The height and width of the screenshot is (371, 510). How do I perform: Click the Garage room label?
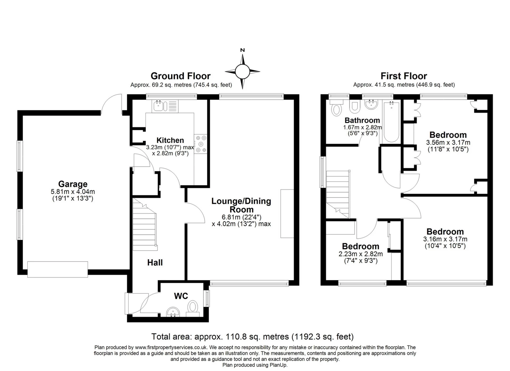pos(73,184)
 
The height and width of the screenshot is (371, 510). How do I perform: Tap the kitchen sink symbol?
pos(159,106)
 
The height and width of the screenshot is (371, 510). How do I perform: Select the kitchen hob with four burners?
pos(201,144)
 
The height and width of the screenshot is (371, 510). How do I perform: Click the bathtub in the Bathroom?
pos(392,122)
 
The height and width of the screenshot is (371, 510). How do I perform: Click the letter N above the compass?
pos(242,50)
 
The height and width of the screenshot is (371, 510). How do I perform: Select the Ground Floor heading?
pos(181,76)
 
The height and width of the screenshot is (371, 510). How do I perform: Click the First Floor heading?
pos(404,76)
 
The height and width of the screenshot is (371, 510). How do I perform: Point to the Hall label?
pos(155,263)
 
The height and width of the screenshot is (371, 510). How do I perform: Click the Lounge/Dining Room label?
pos(241,205)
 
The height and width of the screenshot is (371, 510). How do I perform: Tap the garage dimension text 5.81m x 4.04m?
pos(73,192)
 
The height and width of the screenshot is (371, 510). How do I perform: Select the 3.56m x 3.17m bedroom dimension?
pos(448,142)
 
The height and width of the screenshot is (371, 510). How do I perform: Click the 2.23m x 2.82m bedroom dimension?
pos(360,254)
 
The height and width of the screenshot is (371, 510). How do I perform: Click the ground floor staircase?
pos(144,225)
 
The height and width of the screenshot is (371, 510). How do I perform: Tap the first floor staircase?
pos(337,194)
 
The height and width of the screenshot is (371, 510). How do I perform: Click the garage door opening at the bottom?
pos(58,269)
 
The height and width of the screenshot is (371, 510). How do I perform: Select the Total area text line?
pos(252,337)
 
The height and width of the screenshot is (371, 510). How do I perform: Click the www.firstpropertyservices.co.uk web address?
pos(171,347)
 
